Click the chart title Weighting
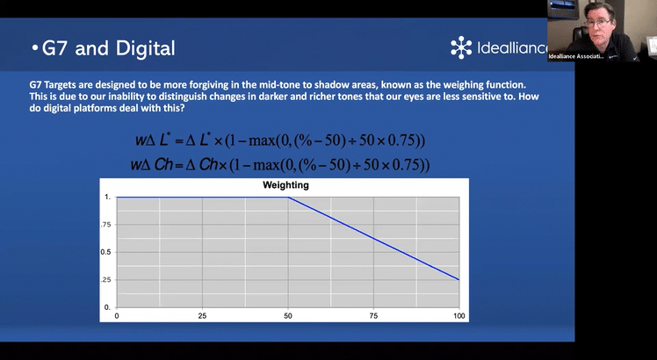click(x=285, y=184)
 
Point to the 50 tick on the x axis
click(x=288, y=316)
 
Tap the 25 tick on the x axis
click(x=202, y=316)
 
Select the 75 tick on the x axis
click(x=373, y=316)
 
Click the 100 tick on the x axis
click(x=459, y=316)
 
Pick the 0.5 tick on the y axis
click(x=105, y=252)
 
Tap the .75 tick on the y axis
click(x=105, y=225)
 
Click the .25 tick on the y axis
click(x=105, y=279)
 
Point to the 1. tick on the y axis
click(x=108, y=197)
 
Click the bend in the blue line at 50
click(x=288, y=197)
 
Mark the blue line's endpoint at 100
click(x=459, y=279)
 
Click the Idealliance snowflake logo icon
click(x=461, y=47)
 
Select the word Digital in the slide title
click(x=146, y=48)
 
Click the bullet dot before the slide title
click(x=35, y=48)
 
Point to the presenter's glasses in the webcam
click(x=598, y=23)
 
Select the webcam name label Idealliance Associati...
click(x=576, y=56)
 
